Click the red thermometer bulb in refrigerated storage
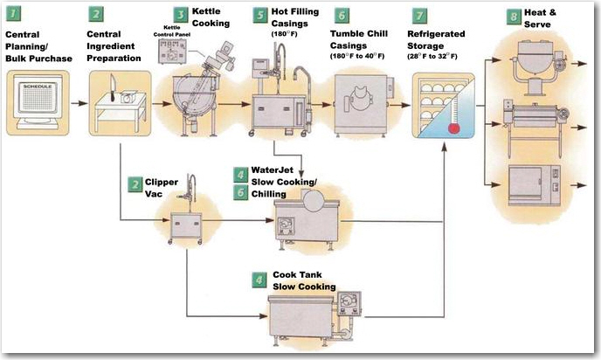tap(453, 128)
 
